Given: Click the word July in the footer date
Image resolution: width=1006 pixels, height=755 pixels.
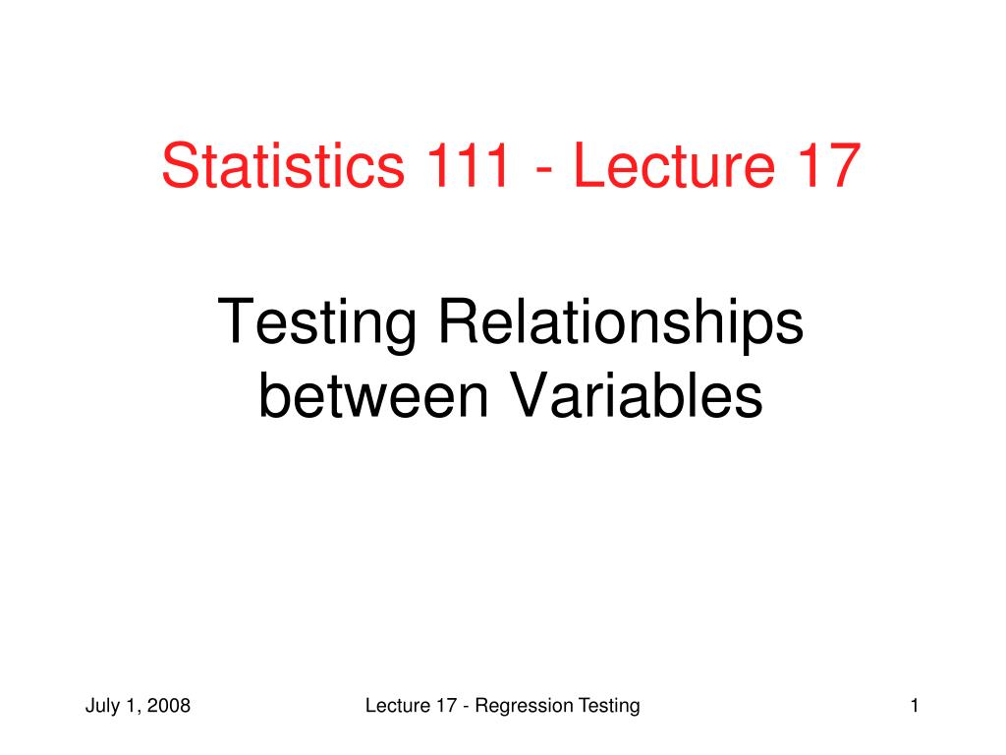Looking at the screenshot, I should (101, 706).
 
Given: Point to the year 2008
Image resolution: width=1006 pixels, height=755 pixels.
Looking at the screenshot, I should (171, 706).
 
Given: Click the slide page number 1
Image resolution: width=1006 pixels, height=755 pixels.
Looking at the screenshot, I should (915, 706).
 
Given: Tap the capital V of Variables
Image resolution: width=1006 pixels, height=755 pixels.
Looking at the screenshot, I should (528, 396).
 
